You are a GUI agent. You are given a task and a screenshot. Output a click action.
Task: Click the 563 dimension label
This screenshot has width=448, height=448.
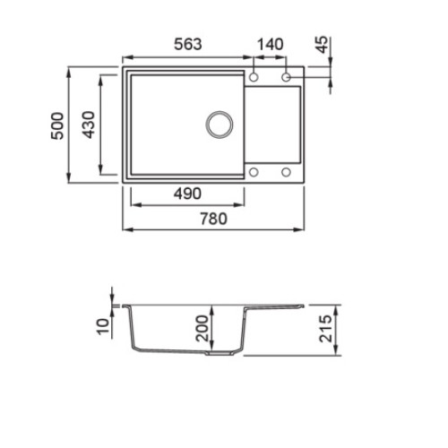188,44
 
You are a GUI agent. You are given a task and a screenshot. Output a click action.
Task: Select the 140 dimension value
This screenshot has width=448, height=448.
270,44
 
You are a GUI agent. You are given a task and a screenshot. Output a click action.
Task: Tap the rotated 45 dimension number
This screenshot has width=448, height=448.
322,45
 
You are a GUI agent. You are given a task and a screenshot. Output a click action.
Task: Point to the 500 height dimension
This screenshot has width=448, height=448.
57,125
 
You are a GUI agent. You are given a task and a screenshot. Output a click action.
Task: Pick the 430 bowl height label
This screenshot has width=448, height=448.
88,125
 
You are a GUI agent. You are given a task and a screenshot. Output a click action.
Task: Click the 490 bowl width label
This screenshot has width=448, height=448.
187,194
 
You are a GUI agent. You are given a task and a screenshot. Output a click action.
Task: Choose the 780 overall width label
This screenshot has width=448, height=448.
213,219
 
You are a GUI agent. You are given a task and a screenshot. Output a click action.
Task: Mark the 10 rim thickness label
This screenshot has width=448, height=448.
103,326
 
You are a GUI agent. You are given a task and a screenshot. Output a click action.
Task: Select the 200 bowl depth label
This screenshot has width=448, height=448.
202,328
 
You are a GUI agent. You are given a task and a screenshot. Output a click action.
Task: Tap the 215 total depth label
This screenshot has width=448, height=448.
325,328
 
